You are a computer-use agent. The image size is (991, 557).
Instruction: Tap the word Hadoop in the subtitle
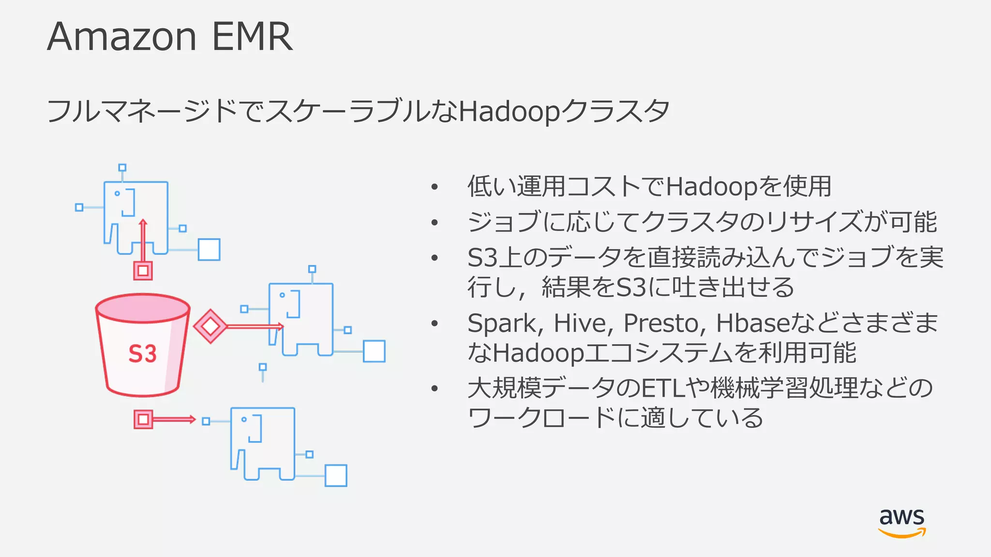[x=509, y=112]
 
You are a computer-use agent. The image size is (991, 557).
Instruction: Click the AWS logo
[x=901, y=522]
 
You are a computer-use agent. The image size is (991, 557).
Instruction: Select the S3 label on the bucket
[x=142, y=354]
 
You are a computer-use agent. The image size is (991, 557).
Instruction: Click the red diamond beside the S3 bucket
[x=210, y=326]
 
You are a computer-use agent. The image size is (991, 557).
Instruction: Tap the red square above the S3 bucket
[x=143, y=271]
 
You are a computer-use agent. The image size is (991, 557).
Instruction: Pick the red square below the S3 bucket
[x=143, y=419]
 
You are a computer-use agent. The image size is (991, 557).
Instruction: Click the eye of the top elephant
[x=117, y=194]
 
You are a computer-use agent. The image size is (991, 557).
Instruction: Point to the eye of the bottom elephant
[x=244, y=420]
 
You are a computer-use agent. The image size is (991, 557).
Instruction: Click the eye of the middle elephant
[x=282, y=295]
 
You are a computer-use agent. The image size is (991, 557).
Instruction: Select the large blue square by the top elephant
[x=209, y=249]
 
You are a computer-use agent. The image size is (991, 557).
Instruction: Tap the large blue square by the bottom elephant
[x=336, y=475]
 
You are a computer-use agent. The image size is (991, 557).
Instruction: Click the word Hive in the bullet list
[x=583, y=323]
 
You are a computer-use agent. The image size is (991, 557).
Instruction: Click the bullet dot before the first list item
[x=435, y=187]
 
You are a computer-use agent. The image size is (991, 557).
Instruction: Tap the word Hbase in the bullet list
[x=753, y=323]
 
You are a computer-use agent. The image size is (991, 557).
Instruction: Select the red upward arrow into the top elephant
[x=143, y=240]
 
